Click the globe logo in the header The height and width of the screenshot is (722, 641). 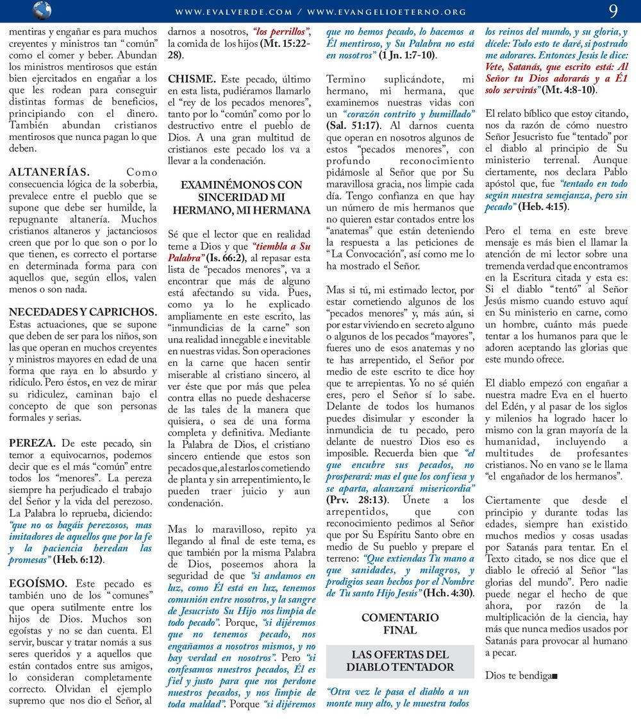pos(41,11)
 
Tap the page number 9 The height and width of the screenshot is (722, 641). pos(613,11)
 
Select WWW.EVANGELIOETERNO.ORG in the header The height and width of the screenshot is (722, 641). pos(387,12)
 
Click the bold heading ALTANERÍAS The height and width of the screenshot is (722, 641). pos(49,172)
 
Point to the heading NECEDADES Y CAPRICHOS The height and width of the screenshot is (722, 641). pos(83,312)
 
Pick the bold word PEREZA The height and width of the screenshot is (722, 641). pos(32,443)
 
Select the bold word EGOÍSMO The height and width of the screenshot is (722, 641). pos(38,583)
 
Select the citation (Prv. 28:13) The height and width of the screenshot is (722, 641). pos(357,499)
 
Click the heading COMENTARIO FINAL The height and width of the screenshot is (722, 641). pos(400,624)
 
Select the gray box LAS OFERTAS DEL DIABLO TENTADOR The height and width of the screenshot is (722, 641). pos(400,660)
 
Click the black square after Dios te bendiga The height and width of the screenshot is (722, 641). pos(555,676)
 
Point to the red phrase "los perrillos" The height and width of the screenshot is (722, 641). pos(281,31)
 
